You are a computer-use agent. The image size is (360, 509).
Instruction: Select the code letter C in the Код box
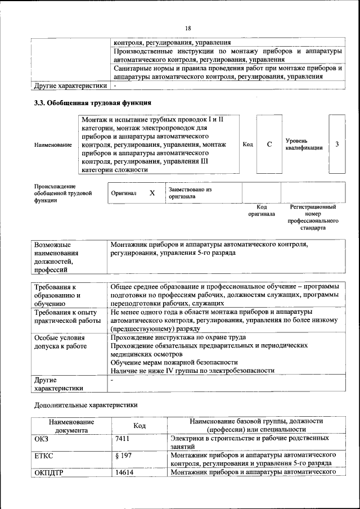point(269,145)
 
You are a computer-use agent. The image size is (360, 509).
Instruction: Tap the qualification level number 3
point(336,145)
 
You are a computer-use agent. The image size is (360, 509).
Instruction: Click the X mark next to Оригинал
point(152,193)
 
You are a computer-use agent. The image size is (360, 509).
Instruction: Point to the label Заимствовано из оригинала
point(189,193)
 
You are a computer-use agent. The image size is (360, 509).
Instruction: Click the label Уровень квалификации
point(304,144)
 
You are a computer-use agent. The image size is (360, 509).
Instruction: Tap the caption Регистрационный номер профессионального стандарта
point(313,218)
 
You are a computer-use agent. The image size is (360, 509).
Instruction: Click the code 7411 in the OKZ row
point(123,438)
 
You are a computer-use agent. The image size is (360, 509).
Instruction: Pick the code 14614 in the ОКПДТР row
point(124,472)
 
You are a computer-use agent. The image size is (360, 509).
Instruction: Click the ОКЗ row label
point(42,438)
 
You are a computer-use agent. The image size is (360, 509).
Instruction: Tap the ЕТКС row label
point(44,455)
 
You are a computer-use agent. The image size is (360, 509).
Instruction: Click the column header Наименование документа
point(71,425)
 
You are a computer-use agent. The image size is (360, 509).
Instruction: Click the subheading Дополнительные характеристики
point(85,404)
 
